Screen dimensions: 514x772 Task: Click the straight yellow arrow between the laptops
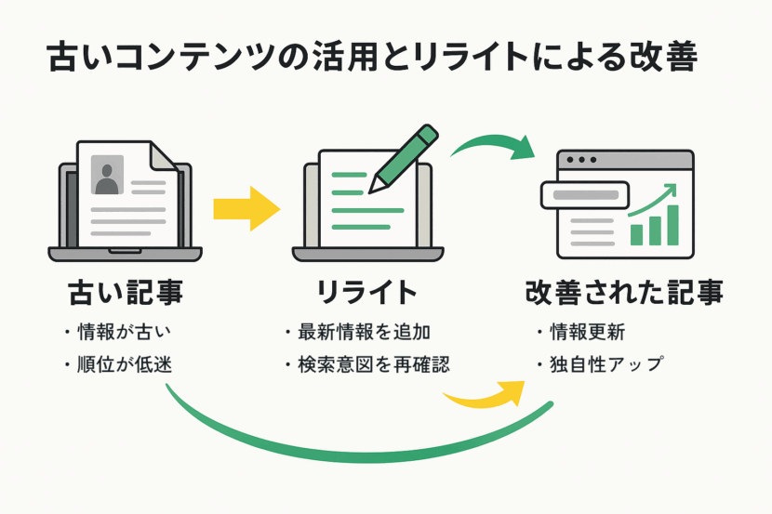pos(246,208)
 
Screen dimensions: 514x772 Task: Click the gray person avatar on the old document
pos(107,175)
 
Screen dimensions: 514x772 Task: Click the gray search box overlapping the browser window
pos(585,195)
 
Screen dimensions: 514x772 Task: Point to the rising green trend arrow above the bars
pos(656,198)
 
